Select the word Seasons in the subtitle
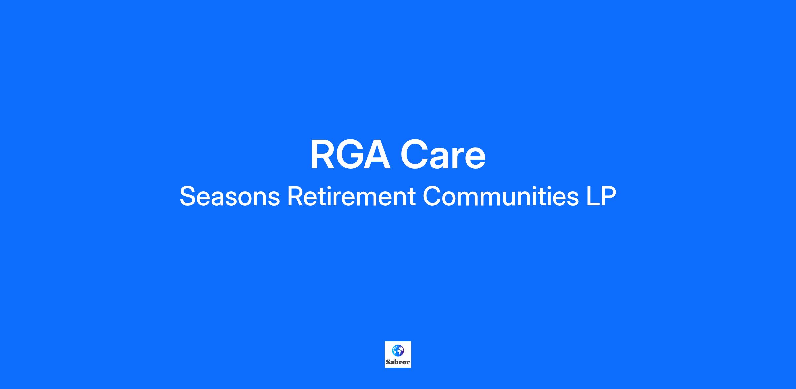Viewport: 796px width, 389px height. [x=230, y=196]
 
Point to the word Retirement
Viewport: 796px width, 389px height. [x=351, y=196]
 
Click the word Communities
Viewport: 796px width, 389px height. [x=501, y=196]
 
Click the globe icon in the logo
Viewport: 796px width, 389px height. [x=398, y=350]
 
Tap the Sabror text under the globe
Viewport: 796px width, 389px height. [x=398, y=362]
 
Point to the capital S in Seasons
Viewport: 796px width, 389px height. [x=188, y=196]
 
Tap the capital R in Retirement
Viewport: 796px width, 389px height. [x=295, y=196]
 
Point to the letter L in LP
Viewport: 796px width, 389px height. [x=593, y=196]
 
